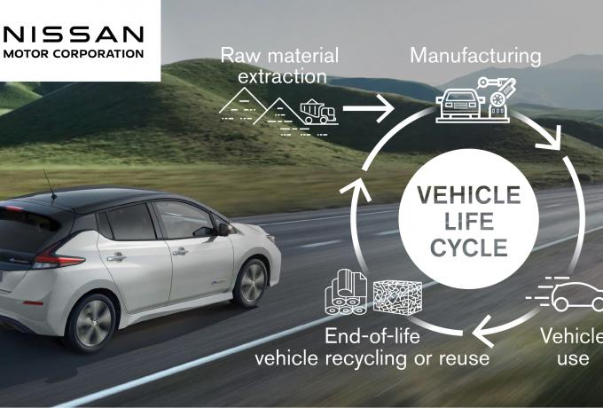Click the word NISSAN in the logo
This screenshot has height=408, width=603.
(73, 35)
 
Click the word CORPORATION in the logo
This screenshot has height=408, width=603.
(104, 54)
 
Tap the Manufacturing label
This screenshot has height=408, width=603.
(475, 56)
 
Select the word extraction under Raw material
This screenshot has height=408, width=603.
(282, 76)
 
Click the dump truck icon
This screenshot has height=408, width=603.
(319, 112)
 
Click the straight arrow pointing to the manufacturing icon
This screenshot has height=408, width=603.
(368, 108)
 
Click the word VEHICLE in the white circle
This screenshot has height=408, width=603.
(469, 195)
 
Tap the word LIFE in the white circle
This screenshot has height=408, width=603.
(469, 222)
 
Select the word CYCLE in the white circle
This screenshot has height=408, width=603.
(469, 247)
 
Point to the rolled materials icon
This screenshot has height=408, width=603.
(346, 292)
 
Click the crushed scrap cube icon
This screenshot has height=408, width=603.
(397, 296)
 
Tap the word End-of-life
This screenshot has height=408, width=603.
(372, 336)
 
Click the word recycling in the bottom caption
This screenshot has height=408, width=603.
(365, 359)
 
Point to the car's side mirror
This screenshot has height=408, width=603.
(224, 229)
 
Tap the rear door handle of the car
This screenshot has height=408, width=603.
(116, 257)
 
